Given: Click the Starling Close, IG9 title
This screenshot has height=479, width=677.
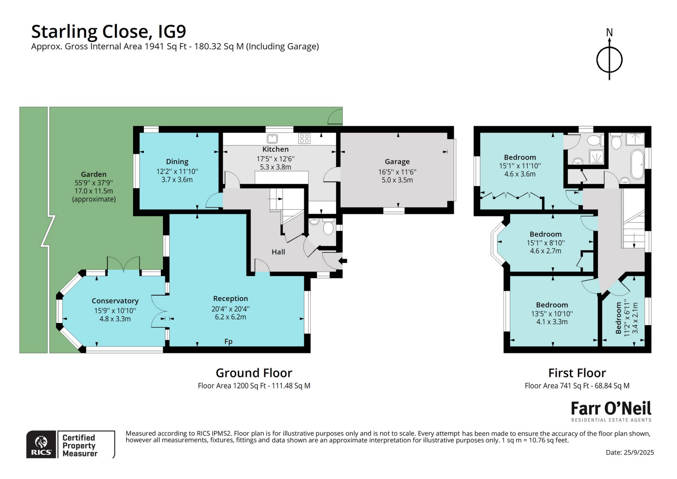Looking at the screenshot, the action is coord(109,31).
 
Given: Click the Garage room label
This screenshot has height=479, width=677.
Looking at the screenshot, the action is coord(397,162).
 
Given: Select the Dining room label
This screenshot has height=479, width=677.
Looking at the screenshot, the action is coord(177,162).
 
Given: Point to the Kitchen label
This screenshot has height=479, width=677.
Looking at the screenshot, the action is coord(275,149).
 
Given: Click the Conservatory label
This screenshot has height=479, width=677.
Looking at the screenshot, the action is coord(115,301).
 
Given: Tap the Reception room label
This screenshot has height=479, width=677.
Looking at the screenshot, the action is coord(230,299).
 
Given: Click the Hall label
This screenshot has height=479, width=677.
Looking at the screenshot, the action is coord(278,252).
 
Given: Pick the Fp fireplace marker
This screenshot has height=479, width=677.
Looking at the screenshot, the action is coord(228,341).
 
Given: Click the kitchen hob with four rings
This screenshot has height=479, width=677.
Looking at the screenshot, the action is coord(304,138).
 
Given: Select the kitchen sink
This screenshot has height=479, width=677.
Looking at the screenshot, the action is coord(272,138).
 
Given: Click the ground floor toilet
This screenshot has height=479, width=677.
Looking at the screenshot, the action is coord(328,227).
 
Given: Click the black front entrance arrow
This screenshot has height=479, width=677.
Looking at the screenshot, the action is coord(343,261).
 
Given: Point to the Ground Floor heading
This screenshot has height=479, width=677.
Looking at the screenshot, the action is coord(254,373).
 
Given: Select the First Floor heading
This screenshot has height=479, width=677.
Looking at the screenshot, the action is coord(577,373).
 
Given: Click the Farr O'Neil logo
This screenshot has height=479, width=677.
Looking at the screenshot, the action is coord(611,412).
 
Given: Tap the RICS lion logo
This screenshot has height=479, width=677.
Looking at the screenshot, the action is coord(42,444).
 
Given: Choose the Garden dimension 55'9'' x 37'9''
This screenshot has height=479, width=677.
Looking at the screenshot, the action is coord(94,183).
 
